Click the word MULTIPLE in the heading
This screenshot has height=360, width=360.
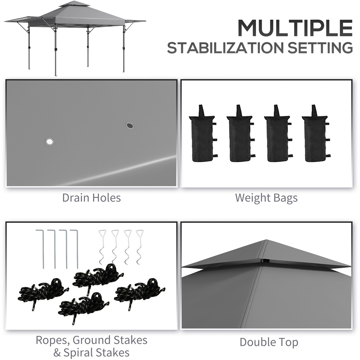pyautogui.click(x=295, y=28)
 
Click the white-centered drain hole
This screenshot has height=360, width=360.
pyautogui.click(x=49, y=141)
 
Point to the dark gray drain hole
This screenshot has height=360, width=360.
pyautogui.click(x=130, y=125)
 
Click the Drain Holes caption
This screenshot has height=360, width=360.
pyautogui.click(x=91, y=198)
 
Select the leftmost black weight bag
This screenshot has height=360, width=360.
pyautogui.click(x=203, y=134)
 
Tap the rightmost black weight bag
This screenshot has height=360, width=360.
pyautogui.click(x=316, y=134)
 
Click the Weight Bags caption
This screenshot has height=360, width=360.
pyautogui.click(x=266, y=198)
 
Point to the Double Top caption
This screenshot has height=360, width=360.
pyautogui.click(x=269, y=342)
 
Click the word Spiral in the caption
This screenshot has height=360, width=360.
pyautogui.click(x=80, y=353)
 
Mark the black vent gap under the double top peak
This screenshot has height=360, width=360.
pyautogui.click(x=266, y=261)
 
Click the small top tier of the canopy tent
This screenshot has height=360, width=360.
pyautogui.click(x=75, y=4)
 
